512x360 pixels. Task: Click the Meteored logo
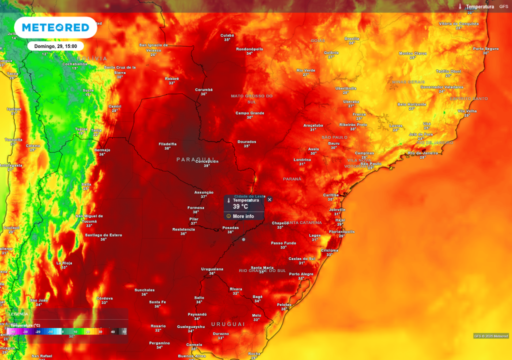point(55,27)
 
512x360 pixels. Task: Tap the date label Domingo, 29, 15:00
point(55,46)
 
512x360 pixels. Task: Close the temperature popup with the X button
point(269,199)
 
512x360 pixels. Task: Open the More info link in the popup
point(243,216)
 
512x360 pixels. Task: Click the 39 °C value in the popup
point(240,206)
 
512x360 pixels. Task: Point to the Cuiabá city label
point(227,35)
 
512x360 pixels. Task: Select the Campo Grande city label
point(249,113)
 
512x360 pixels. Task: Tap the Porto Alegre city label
point(301,274)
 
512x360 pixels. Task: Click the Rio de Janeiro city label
point(423,153)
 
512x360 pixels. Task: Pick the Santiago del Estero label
point(103,235)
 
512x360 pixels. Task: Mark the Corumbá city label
point(203,90)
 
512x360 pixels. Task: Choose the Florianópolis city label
point(342,232)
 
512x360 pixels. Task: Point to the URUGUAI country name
point(228,324)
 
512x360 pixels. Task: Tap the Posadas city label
point(230,228)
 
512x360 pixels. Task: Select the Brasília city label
point(352,38)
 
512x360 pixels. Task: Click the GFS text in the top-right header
point(503,6)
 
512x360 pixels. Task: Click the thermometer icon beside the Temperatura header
point(460,6)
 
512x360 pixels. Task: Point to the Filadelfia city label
point(167,143)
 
